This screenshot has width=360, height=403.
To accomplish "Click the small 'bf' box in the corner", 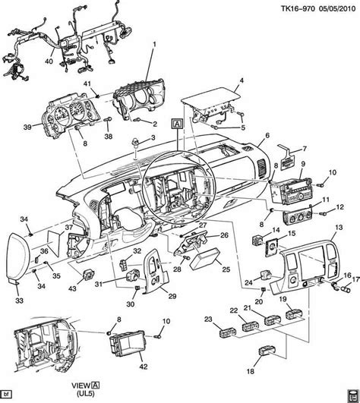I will pyautogui.click(x=5, y=395).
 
